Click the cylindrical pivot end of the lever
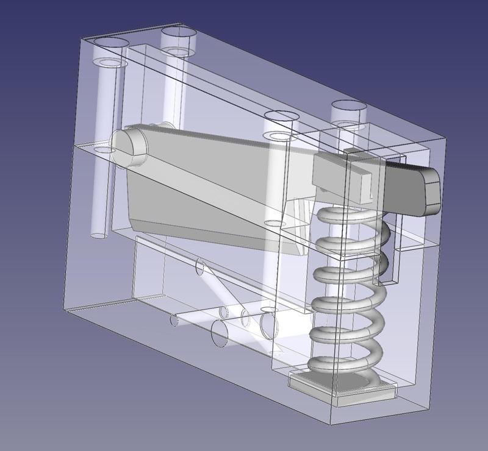click(129, 146)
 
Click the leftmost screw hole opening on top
click(110, 43)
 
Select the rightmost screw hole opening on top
click(349, 107)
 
